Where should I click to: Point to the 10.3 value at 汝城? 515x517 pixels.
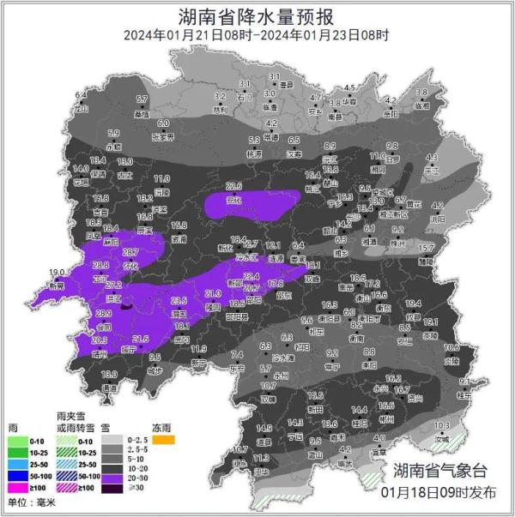coord(441,426)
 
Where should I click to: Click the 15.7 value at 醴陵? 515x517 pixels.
coord(426,247)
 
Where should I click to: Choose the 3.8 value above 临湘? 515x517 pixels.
coord(421,93)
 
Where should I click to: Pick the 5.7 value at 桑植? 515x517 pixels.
coord(142,100)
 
